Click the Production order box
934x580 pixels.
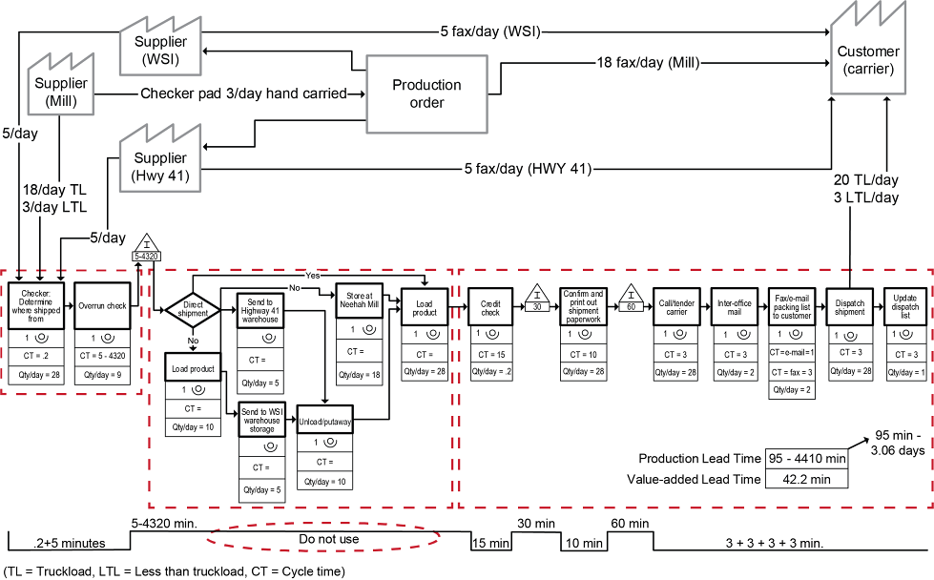point(426,93)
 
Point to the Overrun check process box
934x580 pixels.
point(103,306)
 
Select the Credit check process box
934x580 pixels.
point(489,306)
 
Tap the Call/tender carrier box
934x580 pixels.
point(676,306)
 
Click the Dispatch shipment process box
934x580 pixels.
point(848,306)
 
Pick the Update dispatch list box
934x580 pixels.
point(905,306)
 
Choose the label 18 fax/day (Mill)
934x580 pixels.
point(647,63)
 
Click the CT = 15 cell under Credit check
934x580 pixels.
point(489,354)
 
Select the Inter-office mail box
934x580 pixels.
point(734,306)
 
